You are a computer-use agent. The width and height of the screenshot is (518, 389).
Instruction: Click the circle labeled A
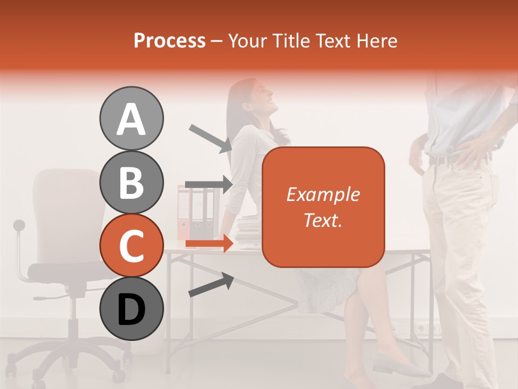[x=131, y=118]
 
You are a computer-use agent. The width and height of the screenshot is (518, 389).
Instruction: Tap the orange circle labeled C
[x=131, y=245]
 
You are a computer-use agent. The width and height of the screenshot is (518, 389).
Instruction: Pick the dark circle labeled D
[x=131, y=308]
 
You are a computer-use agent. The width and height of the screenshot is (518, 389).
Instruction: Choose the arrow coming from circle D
[x=211, y=285]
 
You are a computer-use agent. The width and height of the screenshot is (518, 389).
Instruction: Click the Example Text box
[x=323, y=207]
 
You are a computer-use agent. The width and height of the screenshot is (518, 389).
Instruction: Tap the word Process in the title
[x=169, y=41]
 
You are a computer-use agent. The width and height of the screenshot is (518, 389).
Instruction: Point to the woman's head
[x=254, y=97]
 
